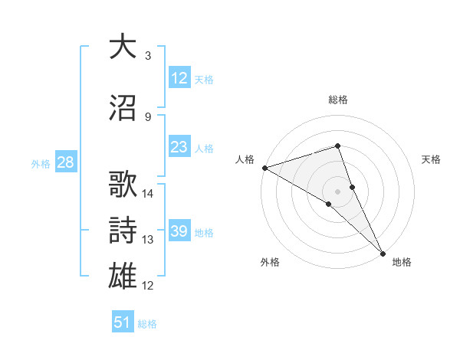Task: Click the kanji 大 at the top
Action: (x=123, y=47)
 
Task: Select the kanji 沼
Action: (x=123, y=110)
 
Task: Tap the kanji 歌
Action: (x=123, y=185)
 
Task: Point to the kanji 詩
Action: (x=123, y=230)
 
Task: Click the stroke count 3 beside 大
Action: (x=147, y=56)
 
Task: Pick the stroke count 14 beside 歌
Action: (x=149, y=193)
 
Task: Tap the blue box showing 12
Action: (x=179, y=77)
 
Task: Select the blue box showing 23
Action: (x=179, y=147)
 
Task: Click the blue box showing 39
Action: (x=179, y=231)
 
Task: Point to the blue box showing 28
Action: (x=64, y=162)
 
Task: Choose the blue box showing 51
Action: (x=123, y=322)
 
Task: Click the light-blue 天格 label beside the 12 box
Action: (x=204, y=79)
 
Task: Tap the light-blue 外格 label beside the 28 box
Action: (x=41, y=163)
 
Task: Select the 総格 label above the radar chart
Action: (x=337, y=100)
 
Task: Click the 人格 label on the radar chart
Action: (x=245, y=159)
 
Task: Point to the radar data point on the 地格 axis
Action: (x=383, y=252)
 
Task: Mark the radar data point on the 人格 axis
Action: (x=264, y=168)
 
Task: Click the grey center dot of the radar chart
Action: (x=337, y=191)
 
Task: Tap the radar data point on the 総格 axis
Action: (x=337, y=146)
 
